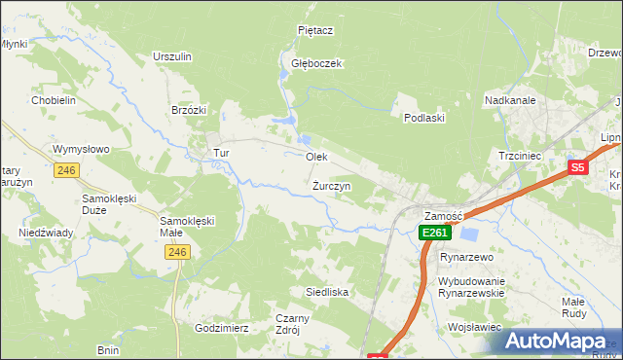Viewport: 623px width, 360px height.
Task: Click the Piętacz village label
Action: tap(315, 30)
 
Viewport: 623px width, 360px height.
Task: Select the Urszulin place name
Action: tap(171, 56)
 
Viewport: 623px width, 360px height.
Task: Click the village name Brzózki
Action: tap(189, 110)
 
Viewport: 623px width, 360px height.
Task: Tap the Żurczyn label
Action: tap(332, 185)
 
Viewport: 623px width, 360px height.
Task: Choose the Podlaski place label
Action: tap(424, 118)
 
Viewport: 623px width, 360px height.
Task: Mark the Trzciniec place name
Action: tap(518, 156)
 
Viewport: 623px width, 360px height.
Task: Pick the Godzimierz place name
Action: tap(222, 328)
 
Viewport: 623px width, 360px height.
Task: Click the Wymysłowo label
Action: tap(81, 149)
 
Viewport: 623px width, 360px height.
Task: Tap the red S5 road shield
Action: tap(578, 167)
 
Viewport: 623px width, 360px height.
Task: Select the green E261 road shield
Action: tap(433, 234)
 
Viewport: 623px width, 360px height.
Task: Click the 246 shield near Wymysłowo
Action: tap(66, 170)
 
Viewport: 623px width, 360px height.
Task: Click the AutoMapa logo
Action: tap(556, 341)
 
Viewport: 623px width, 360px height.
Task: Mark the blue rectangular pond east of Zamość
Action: tap(469, 234)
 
